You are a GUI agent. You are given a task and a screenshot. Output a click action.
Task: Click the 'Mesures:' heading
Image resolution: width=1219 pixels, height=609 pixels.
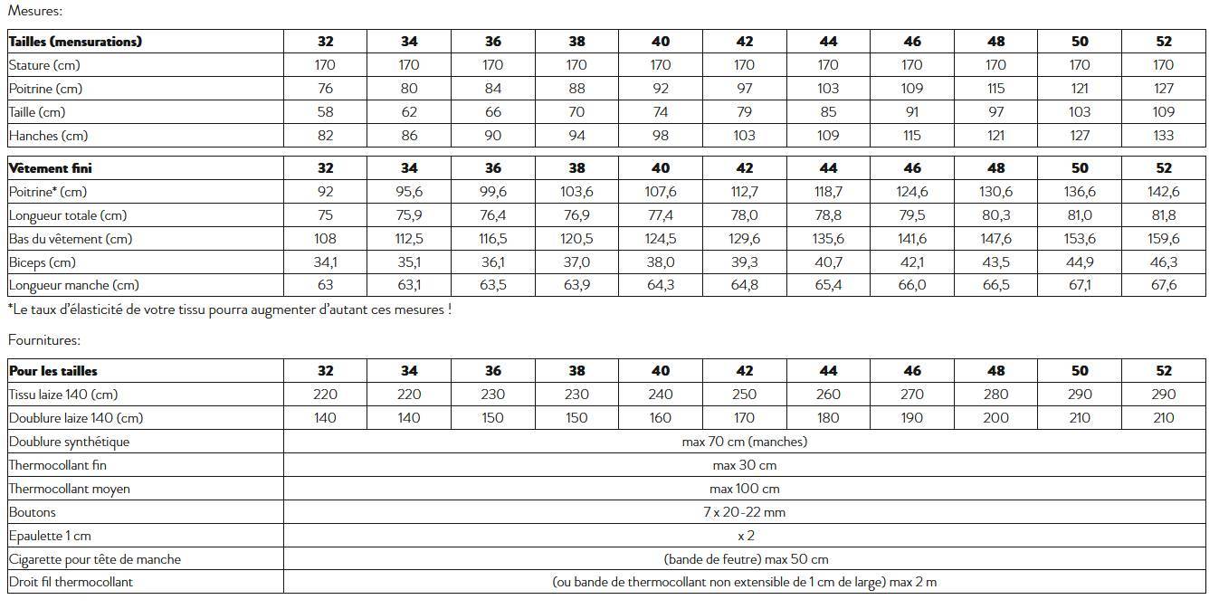[35, 11]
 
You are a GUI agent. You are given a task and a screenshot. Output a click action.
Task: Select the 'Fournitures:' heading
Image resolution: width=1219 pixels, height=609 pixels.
[44, 340]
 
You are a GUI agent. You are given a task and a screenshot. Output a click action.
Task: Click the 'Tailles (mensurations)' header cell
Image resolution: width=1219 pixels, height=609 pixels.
[75, 42]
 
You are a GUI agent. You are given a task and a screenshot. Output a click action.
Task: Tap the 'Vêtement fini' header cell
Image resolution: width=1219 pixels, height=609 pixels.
[51, 168]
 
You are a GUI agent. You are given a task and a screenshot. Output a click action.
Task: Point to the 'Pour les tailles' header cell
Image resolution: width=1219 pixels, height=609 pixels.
[53, 371]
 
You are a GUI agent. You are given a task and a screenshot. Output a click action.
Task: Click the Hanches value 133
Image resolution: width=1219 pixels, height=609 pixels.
[1164, 136]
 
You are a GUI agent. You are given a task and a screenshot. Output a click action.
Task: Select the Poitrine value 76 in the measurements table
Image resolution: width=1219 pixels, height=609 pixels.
[326, 89]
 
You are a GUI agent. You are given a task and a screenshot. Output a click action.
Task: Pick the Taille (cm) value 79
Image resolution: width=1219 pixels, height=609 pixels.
[744, 112]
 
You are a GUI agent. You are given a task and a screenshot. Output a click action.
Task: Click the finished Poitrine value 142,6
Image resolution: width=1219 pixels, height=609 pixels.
[1164, 192]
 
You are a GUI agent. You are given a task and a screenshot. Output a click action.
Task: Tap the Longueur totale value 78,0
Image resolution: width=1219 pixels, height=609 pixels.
[744, 215]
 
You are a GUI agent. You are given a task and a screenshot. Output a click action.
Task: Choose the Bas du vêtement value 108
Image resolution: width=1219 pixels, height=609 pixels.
[326, 239]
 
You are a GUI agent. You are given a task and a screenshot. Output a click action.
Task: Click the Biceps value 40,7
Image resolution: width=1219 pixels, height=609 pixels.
[828, 262]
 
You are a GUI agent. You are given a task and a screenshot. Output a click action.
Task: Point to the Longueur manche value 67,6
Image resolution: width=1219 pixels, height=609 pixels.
[1164, 286]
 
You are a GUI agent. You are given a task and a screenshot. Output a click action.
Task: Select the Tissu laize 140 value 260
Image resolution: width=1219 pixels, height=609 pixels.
[828, 395]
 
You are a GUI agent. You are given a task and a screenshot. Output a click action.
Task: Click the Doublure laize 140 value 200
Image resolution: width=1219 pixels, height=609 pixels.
[995, 418]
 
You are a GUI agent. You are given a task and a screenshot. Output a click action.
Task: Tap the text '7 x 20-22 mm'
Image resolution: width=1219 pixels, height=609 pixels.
[745, 512]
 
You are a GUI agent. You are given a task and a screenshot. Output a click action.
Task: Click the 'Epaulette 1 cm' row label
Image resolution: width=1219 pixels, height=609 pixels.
[50, 536]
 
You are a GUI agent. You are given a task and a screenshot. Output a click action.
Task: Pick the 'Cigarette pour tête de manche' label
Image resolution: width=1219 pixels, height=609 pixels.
[95, 559]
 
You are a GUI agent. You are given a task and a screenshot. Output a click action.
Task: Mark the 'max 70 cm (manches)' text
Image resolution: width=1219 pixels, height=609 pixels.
[745, 442]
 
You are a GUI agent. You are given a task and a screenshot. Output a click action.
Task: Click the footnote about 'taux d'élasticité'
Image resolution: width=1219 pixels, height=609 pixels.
[230, 309]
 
